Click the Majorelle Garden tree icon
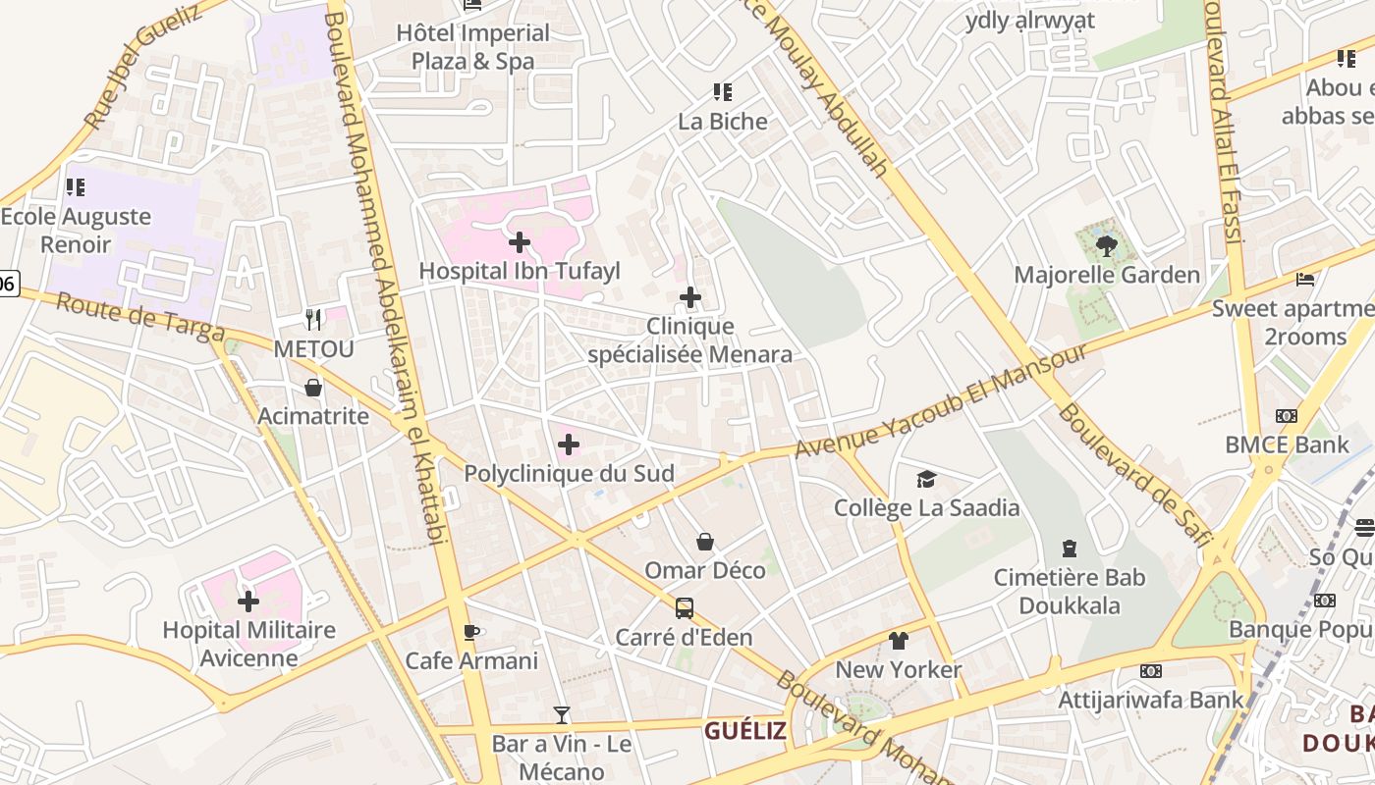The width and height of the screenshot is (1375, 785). point(1107,245)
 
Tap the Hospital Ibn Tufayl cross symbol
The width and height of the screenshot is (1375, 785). point(520,241)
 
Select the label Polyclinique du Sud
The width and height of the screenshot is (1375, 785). point(569,474)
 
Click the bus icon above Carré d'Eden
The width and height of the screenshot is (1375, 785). point(685,607)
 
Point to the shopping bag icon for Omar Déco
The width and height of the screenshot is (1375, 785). point(705,541)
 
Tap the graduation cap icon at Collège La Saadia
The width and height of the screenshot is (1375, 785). point(926,479)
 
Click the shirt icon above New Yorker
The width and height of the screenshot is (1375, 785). point(899,641)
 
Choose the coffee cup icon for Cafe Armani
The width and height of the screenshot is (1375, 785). point(471,631)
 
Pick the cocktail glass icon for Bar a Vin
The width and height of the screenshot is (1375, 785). point(562,714)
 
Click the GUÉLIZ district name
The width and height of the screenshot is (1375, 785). point(745,730)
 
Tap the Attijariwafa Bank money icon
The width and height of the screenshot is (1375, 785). point(1151,671)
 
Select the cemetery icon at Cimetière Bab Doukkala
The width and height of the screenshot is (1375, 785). point(1070,549)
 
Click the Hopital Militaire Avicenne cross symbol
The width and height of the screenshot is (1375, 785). point(248,601)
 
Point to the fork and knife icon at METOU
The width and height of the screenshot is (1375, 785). point(313,319)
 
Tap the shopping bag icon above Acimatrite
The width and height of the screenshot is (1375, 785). point(313,388)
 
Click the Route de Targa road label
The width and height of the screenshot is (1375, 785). point(139,317)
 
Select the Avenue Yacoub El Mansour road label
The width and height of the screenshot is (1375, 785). point(941,401)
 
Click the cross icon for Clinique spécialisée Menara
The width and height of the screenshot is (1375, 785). point(690,296)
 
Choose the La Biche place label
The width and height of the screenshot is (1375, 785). point(723,122)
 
